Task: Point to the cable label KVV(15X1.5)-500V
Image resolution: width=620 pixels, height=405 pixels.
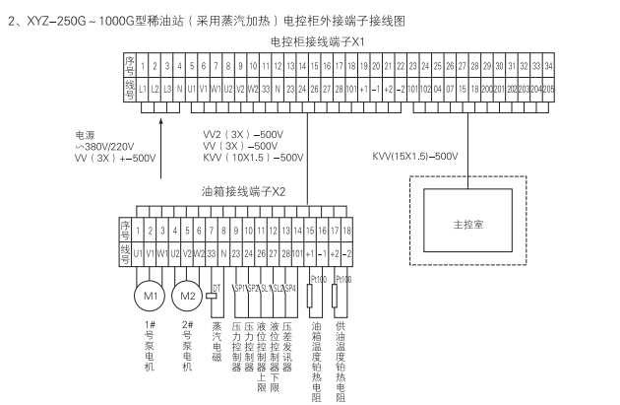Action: tap(416, 156)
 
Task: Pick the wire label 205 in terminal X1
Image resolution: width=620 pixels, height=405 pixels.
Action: tap(547, 88)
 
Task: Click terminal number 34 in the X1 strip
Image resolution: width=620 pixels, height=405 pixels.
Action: tap(547, 67)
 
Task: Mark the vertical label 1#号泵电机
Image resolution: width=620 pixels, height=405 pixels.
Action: tap(150, 346)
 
